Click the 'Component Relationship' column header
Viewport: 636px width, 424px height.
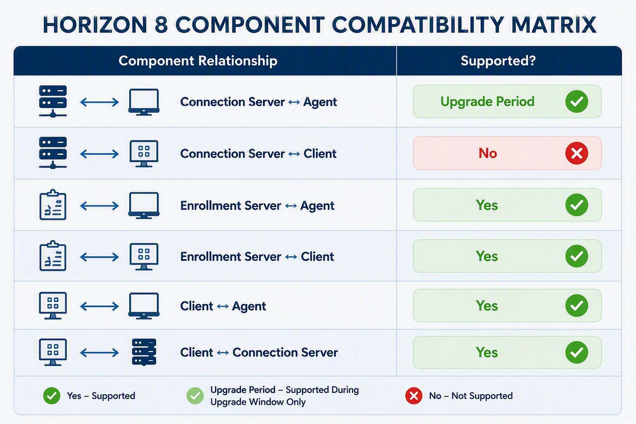pyautogui.click(x=198, y=61)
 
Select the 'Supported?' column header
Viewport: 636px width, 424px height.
pyautogui.click(x=498, y=60)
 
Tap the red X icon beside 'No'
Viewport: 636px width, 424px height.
pyautogui.click(x=576, y=153)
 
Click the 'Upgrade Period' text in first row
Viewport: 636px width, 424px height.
pyautogui.click(x=487, y=102)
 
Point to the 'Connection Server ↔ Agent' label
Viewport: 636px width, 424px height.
pyautogui.click(x=258, y=102)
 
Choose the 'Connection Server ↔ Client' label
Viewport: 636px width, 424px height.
pyautogui.click(x=258, y=154)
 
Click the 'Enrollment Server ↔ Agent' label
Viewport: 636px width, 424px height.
pyautogui.click(x=257, y=206)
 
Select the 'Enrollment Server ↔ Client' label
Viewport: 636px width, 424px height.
pyautogui.click(x=257, y=257)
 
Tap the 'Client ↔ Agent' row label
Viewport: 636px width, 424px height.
pyautogui.click(x=223, y=306)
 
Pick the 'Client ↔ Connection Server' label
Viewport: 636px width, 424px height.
pyautogui.click(x=259, y=352)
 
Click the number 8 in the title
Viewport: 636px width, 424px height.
pyautogui.click(x=161, y=25)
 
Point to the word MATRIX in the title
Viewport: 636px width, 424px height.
pyautogui.click(x=554, y=25)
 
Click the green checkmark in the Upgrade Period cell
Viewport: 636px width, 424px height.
pyautogui.click(x=576, y=101)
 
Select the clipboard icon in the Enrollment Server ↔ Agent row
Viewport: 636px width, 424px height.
pyautogui.click(x=53, y=205)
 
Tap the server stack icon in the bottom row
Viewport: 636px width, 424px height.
pyautogui.click(x=144, y=352)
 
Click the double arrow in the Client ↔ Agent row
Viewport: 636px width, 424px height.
pyautogui.click(x=99, y=306)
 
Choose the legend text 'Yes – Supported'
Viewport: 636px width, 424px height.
pyautogui.click(x=101, y=395)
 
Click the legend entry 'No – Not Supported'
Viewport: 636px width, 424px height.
pyautogui.click(x=471, y=395)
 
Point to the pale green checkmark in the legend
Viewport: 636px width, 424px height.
pyautogui.click(x=195, y=395)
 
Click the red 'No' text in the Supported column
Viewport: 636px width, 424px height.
pyautogui.click(x=488, y=153)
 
